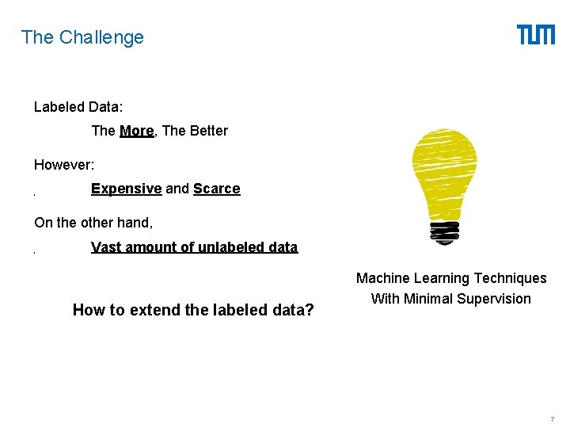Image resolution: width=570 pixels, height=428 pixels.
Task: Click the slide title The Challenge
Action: (82, 37)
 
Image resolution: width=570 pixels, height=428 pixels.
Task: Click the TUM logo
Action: (536, 35)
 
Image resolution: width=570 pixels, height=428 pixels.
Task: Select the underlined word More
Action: (136, 131)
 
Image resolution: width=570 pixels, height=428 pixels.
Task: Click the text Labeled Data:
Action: (78, 106)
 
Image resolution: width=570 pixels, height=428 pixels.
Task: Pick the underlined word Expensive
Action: (127, 189)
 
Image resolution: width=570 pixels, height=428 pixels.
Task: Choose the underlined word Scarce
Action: (216, 189)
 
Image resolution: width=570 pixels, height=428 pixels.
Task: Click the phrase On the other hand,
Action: (93, 223)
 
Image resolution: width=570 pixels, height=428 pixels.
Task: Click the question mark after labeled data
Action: (310, 310)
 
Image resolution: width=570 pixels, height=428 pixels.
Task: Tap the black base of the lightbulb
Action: (445, 231)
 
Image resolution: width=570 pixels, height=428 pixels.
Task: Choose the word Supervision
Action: (496, 299)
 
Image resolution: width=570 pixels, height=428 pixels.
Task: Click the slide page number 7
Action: (552, 418)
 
